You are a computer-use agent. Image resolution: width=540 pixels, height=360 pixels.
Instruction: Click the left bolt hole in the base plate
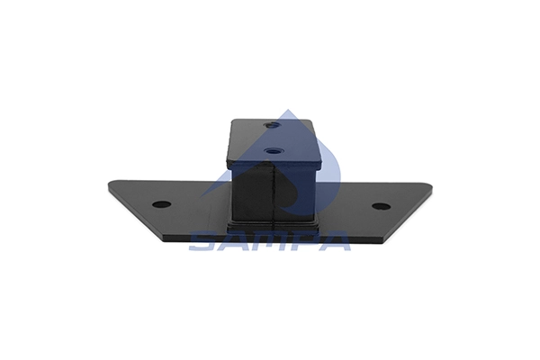pos(161,204)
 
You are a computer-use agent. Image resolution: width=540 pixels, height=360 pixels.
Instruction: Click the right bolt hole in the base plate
pos(382,206)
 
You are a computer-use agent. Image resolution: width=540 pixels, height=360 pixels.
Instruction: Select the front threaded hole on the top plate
pos(273,150)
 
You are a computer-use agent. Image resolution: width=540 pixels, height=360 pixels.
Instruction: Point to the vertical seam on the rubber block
pos(273,193)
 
